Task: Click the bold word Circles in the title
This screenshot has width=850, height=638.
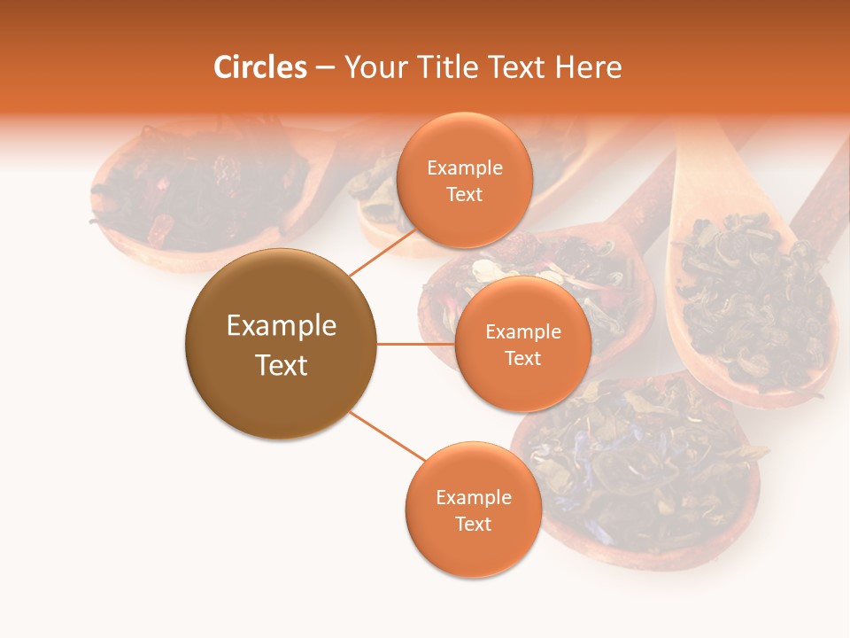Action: [x=259, y=67]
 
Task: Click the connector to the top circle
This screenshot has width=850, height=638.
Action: [x=383, y=252]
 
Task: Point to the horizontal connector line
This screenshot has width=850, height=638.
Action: [x=415, y=344]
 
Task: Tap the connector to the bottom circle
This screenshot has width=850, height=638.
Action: [x=388, y=436]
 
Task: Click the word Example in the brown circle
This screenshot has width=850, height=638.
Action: [x=282, y=326]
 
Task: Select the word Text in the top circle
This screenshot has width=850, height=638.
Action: [x=464, y=195]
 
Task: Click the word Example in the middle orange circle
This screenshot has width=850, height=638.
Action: [x=522, y=332]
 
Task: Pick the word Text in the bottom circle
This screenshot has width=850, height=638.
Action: [x=473, y=524]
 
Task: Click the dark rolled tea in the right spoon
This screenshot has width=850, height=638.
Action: [x=753, y=292]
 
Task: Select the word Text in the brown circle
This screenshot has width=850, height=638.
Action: [x=282, y=365]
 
